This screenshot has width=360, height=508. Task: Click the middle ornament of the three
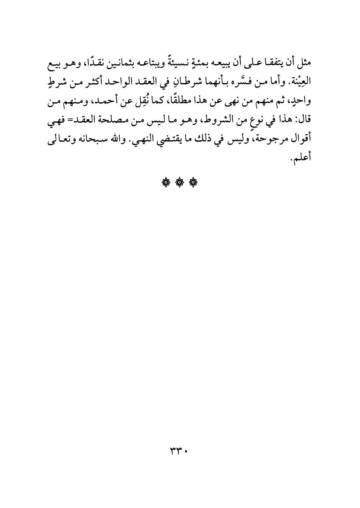(179, 183)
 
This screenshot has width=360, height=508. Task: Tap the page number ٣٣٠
(179, 452)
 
